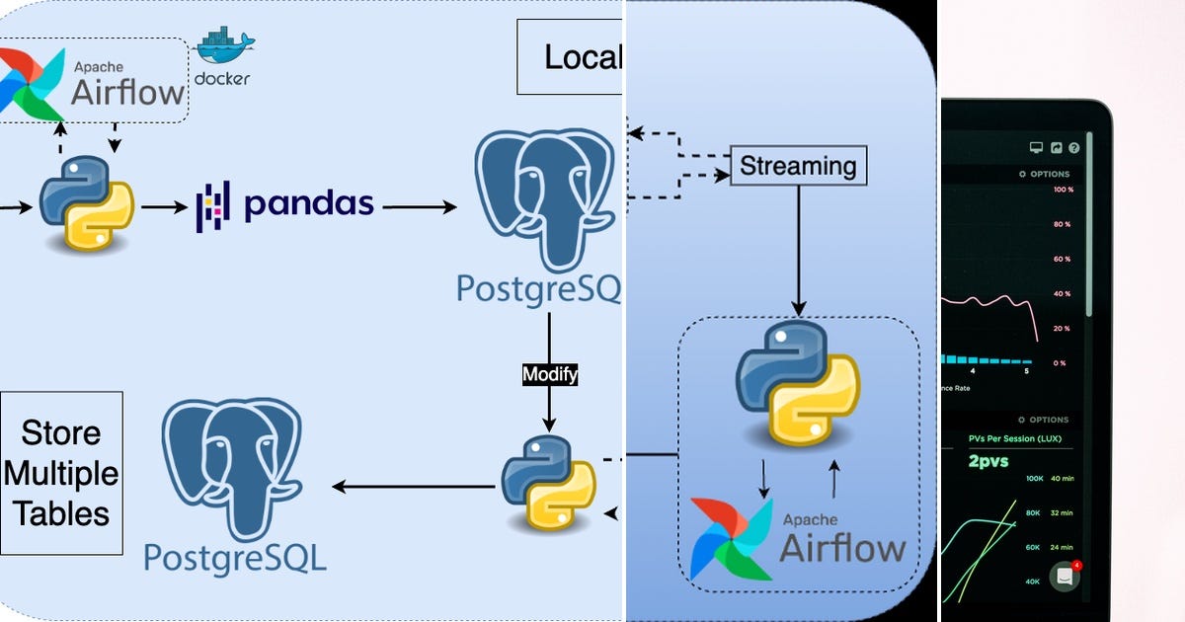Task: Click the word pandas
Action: [309, 204]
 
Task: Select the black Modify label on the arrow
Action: [549, 375]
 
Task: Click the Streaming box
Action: [798, 165]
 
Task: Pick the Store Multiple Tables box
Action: [61, 473]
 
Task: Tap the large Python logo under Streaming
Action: [798, 383]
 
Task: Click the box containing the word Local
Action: [571, 57]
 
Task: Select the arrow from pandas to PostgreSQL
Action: [420, 207]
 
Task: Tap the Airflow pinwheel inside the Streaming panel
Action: [731, 537]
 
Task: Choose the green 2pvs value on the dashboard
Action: [987, 461]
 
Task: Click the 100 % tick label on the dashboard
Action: [1063, 190]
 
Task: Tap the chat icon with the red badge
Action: [1065, 577]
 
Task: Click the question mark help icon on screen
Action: [1074, 148]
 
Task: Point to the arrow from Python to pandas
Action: [164, 207]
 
